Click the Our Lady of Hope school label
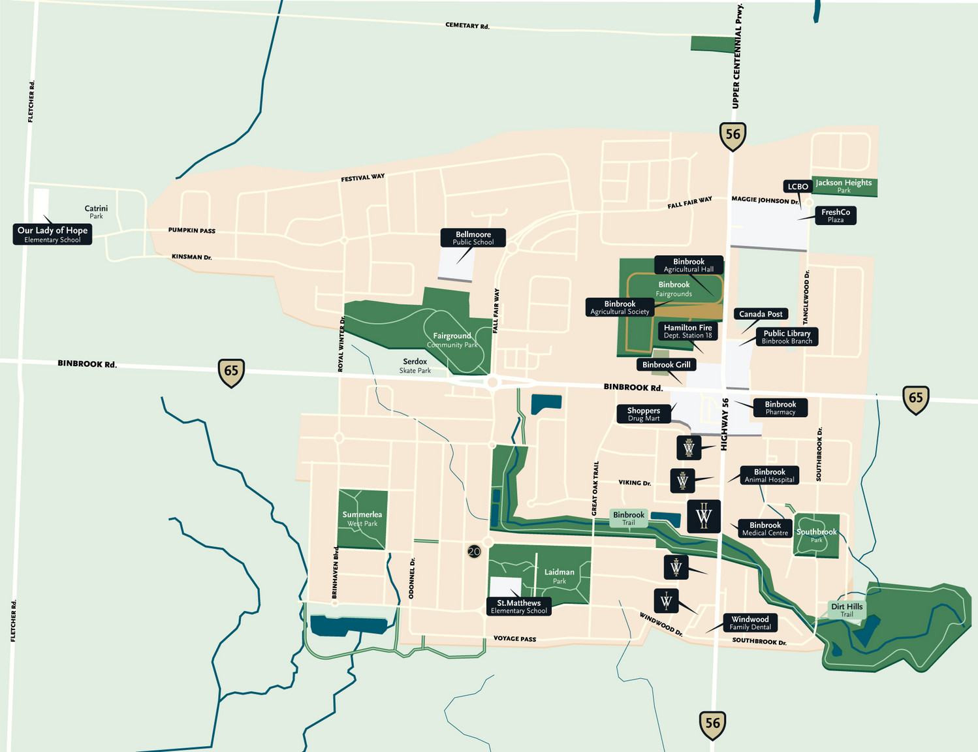pos(52,234)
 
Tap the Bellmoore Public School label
pos(473,238)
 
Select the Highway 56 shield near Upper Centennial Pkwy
pos(733,136)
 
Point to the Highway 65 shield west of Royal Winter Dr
pos(231,372)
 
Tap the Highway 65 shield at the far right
pos(915,399)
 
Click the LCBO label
pos(797,187)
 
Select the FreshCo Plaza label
pos(835,215)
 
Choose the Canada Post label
pos(761,314)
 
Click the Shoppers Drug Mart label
pos(644,414)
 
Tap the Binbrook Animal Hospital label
pos(769,475)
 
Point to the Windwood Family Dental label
pos(749,623)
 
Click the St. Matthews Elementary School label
pos(518,606)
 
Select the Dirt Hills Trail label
pos(846,610)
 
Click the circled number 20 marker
pos(474,552)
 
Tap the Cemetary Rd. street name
pos(467,26)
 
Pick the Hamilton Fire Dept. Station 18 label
pos(687,332)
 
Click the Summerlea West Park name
pos(362,518)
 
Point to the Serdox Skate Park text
pos(415,366)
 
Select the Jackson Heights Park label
pos(844,186)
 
